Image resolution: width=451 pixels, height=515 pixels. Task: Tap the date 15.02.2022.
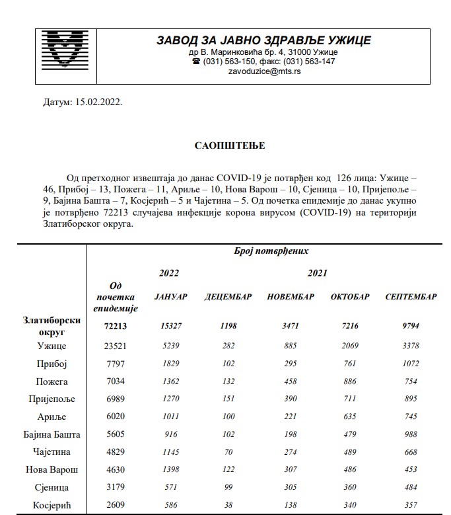click(98, 103)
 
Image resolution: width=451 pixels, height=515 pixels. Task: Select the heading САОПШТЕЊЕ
click(221, 145)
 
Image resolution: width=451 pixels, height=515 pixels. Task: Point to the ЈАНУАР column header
click(170, 297)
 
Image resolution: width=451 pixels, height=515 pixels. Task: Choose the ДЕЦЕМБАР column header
click(228, 297)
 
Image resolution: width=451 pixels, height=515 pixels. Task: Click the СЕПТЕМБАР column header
click(411, 297)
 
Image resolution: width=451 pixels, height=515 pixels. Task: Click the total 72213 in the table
click(116, 326)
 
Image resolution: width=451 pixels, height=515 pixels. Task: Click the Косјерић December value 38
click(228, 505)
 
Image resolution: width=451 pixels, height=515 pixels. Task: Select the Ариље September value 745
click(410, 416)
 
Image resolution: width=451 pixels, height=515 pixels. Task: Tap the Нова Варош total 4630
click(116, 469)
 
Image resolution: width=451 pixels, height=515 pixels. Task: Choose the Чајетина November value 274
click(290, 452)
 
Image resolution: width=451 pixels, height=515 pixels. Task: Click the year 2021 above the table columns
click(317, 272)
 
